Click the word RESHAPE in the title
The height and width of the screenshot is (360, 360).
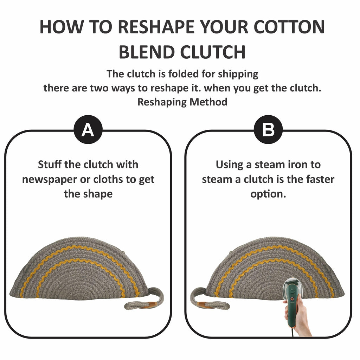pos(156,27)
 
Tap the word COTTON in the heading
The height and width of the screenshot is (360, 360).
pos(289,27)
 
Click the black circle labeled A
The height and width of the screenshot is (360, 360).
pos(88,129)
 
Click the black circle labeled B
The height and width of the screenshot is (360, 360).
pos(268,129)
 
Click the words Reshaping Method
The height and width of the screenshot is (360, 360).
pos(182,102)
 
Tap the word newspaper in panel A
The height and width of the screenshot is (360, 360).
pos(49,180)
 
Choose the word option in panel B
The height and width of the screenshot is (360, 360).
pos(268,194)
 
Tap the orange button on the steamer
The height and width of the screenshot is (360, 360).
pos(292,299)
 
